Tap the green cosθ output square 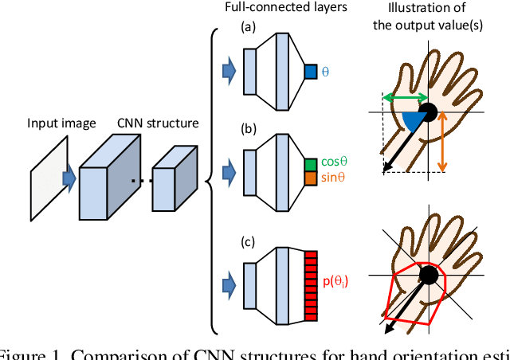(x=311, y=163)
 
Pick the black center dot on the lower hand (x=429, y=276)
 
